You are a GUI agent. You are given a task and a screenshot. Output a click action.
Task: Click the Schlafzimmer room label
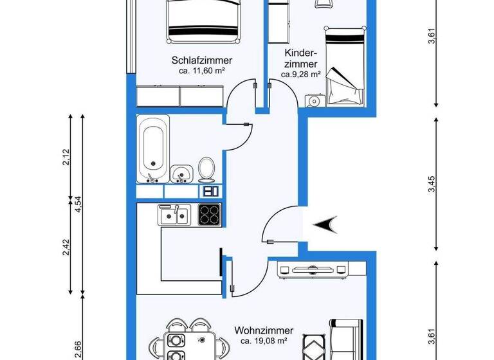pos(201,60)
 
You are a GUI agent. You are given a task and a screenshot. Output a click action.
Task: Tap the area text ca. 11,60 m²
pos(201,71)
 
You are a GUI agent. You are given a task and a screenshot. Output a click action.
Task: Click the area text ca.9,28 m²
pos(300,75)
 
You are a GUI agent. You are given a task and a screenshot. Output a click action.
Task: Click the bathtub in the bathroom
pos(154,148)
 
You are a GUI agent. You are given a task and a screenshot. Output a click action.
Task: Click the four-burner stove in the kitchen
pos(210,214)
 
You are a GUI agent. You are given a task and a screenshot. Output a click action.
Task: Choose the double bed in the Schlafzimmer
pos(203,19)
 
